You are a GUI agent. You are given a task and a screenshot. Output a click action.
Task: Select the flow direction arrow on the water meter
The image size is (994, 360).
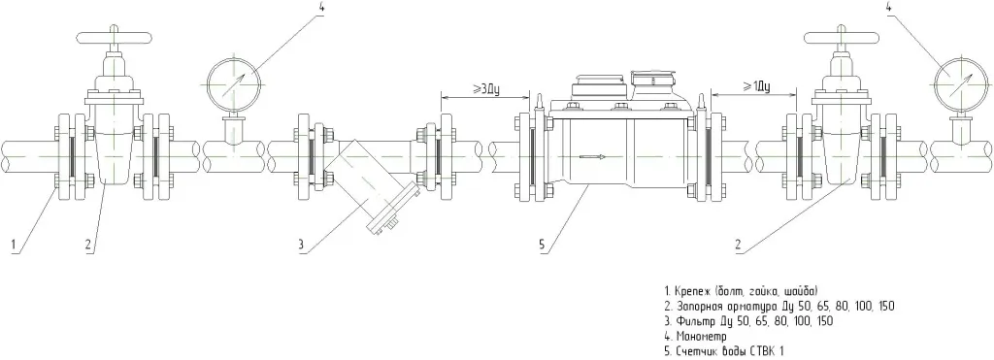pos(592,156)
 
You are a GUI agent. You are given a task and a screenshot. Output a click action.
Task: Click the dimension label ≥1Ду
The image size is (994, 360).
pos(754,86)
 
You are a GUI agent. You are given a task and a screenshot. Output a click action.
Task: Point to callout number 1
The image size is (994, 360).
pos(12,244)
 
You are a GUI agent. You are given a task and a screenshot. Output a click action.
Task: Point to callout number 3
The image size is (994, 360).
pos(302,244)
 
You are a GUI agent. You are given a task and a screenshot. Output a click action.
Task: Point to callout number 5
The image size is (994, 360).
pos(542,244)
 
